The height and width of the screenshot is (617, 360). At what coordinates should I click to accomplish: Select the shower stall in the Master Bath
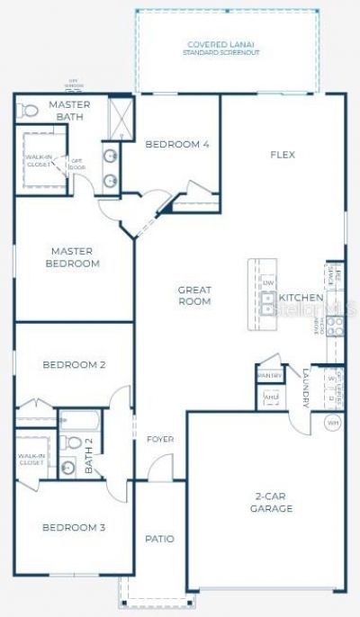pos(117,117)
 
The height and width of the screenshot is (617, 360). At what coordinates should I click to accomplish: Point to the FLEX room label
pos(283,155)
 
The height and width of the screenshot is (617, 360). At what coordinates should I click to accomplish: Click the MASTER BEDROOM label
pos(75,257)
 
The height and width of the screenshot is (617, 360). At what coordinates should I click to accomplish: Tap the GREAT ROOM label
pos(194,295)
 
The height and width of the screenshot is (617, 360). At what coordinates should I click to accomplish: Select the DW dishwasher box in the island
pos(267,282)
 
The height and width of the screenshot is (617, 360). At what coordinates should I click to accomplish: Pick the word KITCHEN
pos(301,298)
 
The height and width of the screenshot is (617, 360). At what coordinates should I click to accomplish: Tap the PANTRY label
pos(269,375)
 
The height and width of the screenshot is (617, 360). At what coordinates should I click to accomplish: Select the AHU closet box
pos(270,396)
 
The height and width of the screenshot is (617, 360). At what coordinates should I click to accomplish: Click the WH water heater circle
pos(332,422)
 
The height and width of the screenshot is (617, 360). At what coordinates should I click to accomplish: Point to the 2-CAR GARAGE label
pos(271,502)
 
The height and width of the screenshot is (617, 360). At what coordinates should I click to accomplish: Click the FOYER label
pos(160,439)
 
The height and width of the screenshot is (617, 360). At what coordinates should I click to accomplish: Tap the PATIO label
pos(159,539)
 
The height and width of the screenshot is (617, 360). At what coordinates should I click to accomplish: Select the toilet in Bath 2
pos(68,443)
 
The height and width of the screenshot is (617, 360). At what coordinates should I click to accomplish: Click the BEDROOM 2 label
pos(75,364)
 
